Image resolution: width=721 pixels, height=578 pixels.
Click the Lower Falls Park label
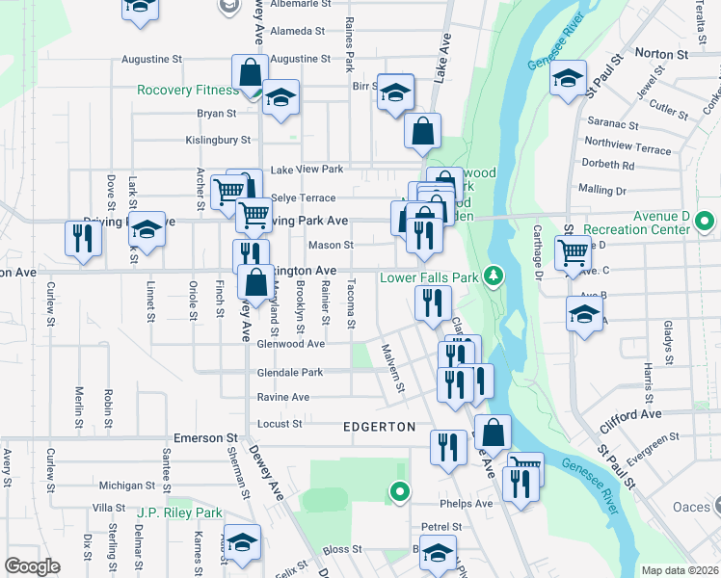click(x=429, y=277)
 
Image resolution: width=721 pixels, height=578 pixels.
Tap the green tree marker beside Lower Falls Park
click(x=494, y=277)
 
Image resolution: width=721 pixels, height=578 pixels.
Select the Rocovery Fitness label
click(x=187, y=90)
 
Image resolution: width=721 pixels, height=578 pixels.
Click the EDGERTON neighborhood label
click(x=379, y=426)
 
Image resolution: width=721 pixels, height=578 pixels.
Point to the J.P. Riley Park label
click(x=179, y=512)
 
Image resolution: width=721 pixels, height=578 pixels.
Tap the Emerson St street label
click(x=205, y=437)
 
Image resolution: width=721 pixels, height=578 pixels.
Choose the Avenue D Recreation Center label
click(x=651, y=223)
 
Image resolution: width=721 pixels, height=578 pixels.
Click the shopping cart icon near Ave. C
click(x=574, y=252)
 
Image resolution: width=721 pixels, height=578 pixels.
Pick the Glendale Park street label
click(x=289, y=373)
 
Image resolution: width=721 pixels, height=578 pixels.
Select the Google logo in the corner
click(x=33, y=565)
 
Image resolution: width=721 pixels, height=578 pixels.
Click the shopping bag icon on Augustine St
click(x=250, y=72)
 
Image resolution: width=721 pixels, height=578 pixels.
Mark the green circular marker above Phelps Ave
click(x=399, y=491)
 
